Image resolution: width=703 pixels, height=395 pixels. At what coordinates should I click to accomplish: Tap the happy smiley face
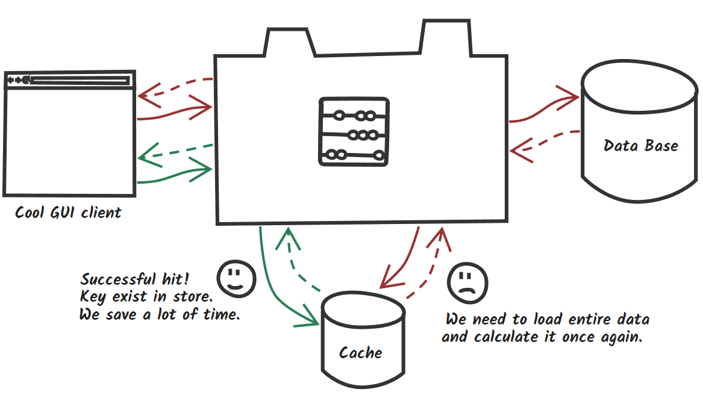[x=236, y=278]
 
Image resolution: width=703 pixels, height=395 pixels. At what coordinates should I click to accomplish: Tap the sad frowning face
[x=467, y=282]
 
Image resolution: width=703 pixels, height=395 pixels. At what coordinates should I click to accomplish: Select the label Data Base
[x=641, y=146]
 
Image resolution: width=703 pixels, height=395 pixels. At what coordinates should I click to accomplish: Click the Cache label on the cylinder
[x=360, y=353]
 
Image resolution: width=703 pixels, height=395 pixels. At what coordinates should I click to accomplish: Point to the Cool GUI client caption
[x=68, y=213]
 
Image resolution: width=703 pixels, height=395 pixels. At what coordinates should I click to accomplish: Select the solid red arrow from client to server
[x=175, y=111]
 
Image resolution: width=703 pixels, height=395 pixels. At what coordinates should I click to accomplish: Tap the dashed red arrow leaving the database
[x=545, y=141]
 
